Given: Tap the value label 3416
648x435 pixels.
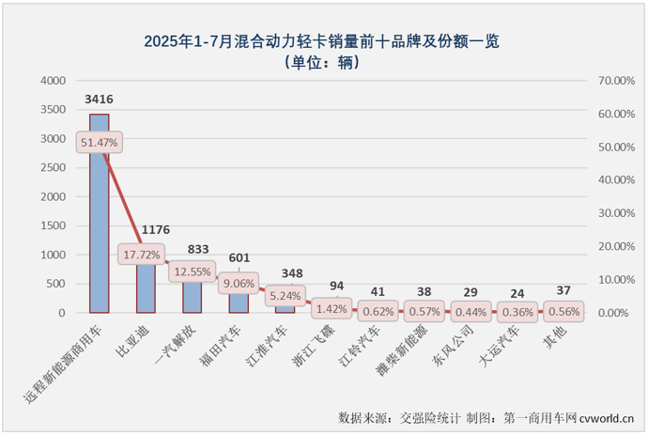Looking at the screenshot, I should tap(99, 98).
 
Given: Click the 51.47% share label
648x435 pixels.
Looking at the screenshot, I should tap(99, 143).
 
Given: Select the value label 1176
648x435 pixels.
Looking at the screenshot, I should tap(154, 229).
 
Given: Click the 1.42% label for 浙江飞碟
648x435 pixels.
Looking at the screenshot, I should tap(332, 308).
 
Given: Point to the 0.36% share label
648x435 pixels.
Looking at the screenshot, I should tap(518, 311).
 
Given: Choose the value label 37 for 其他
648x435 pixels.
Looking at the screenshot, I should tap(564, 291).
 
